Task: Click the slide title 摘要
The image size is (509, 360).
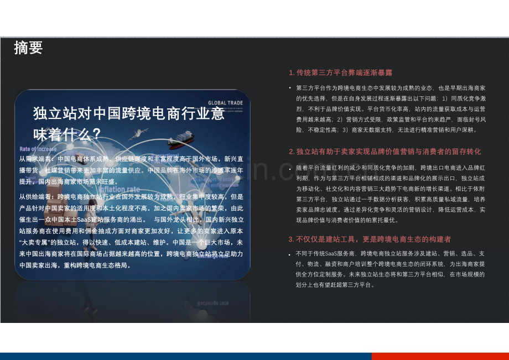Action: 28,48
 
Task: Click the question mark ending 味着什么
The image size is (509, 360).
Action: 96,134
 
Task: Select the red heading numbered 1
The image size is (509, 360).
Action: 340,72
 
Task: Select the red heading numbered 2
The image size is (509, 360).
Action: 385,151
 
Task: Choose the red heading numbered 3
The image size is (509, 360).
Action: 370,239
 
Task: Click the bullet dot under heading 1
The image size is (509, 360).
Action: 290,88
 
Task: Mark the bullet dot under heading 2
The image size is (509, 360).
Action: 290,167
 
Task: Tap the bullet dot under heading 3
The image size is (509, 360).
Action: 290,254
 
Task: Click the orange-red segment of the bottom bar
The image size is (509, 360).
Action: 439,356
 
